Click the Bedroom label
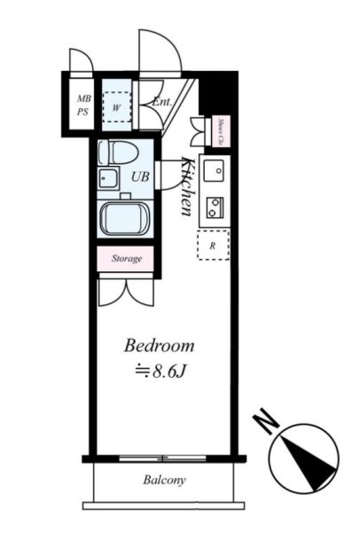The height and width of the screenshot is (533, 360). (x=160, y=346)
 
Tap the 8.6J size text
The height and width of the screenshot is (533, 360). (x=161, y=372)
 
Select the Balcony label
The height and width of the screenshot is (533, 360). (x=165, y=480)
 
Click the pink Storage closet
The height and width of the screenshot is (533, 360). (x=125, y=259)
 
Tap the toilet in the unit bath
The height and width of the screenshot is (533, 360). (x=118, y=153)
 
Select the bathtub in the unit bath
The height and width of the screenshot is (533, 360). (x=124, y=218)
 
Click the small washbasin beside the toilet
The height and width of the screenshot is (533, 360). (x=108, y=177)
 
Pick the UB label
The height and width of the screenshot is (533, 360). (x=140, y=176)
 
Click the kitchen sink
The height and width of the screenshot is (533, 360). (x=214, y=170)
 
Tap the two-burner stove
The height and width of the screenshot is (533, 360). (x=215, y=208)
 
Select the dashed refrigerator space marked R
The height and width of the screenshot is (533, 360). (x=213, y=245)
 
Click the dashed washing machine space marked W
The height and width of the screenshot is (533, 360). (x=116, y=107)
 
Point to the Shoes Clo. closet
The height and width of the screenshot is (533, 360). (x=221, y=131)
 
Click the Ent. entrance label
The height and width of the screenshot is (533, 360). (x=161, y=101)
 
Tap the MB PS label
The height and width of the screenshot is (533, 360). (x=83, y=105)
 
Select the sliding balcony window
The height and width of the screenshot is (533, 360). (x=163, y=459)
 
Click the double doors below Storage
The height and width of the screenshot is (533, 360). (x=126, y=293)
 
